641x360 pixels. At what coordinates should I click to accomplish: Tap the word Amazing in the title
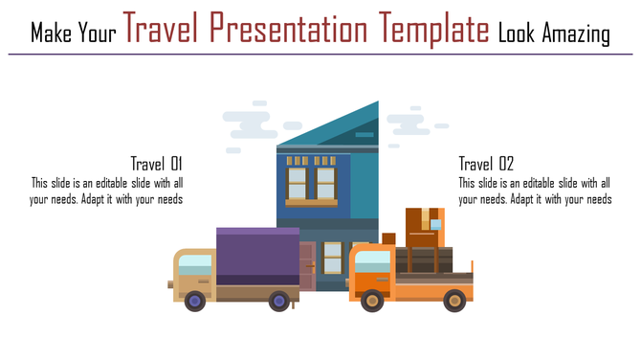tap(572, 34)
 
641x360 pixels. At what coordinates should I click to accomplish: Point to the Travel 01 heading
tap(156, 163)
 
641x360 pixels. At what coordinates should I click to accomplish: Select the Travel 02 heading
tap(486, 163)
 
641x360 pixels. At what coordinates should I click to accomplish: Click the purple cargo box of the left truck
tap(257, 256)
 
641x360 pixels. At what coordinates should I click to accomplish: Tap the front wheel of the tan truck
tap(195, 302)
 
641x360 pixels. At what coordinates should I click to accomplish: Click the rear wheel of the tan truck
tap(278, 302)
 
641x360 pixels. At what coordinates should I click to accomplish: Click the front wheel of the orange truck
tap(372, 302)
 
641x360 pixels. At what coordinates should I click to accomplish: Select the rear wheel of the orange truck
tap(454, 302)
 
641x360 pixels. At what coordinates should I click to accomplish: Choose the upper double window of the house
tap(312, 182)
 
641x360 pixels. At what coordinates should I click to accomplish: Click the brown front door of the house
tap(306, 265)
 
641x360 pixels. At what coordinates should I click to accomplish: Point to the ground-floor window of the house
tap(332, 256)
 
